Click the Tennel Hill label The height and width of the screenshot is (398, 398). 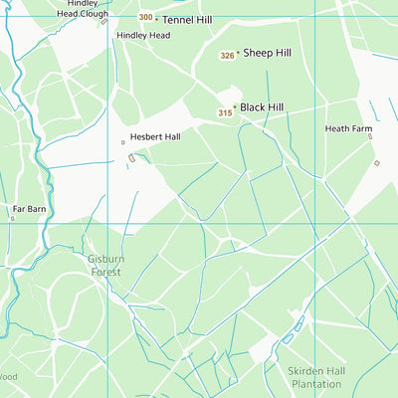[188, 19]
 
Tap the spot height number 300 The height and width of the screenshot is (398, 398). [146, 18]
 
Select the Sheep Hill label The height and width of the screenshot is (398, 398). [268, 54]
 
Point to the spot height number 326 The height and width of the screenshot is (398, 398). [227, 56]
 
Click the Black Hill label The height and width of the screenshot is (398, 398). [262, 106]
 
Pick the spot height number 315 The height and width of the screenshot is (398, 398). [225, 113]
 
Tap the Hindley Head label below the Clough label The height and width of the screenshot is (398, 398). [143, 35]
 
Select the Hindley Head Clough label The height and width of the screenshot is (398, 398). [83, 9]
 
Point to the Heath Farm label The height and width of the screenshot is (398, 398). [347, 128]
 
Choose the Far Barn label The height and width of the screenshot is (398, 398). [29, 209]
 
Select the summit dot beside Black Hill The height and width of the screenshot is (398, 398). [235, 106]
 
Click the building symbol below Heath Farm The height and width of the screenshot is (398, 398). [376, 163]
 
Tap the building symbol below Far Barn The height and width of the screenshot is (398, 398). [13, 218]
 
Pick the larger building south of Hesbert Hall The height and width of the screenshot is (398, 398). [131, 158]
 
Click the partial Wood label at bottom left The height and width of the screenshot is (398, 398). [8, 377]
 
